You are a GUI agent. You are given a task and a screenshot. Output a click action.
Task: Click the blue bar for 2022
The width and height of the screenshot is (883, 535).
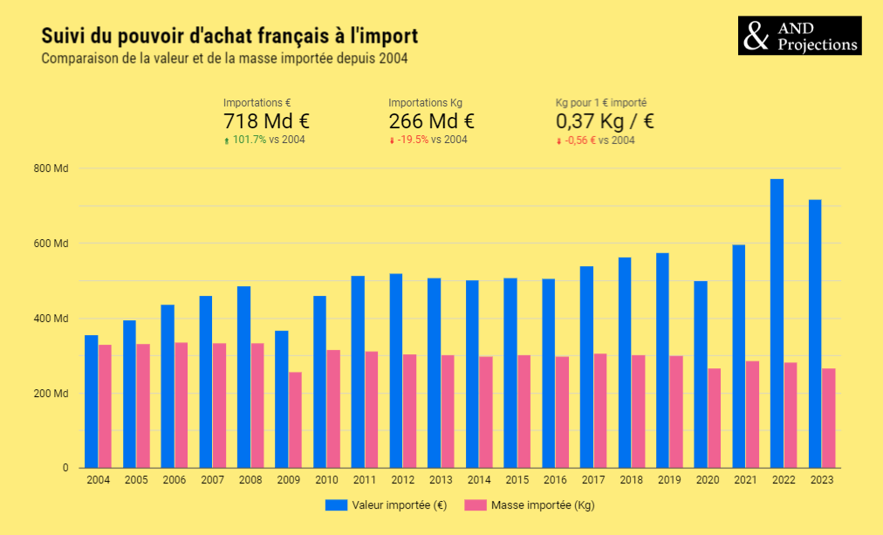pyautogui.click(x=777, y=323)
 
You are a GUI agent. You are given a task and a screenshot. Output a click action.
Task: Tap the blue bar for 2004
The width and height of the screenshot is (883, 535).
pyautogui.click(x=91, y=401)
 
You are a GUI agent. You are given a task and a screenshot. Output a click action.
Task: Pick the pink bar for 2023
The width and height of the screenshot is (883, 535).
pyautogui.click(x=829, y=418)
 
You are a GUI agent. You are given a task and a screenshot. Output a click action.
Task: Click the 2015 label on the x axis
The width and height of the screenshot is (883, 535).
pyautogui.click(x=517, y=481)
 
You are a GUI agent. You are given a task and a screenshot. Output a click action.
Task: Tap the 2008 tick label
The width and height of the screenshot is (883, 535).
pyautogui.click(x=250, y=481)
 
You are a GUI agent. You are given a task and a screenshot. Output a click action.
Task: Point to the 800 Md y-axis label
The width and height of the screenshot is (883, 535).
pyautogui.click(x=53, y=168)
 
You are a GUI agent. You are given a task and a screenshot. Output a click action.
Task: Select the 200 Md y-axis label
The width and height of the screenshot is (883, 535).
pyautogui.click(x=53, y=394)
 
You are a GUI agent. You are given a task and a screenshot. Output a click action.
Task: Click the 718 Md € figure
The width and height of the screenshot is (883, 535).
pyautogui.click(x=266, y=121)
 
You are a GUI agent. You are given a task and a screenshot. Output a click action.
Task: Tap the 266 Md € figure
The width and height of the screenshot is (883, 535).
pyautogui.click(x=431, y=121)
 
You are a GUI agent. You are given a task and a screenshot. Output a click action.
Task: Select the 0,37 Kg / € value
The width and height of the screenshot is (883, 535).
pyautogui.click(x=605, y=121)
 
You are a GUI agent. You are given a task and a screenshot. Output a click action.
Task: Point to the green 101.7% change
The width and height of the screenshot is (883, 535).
pyautogui.click(x=250, y=140)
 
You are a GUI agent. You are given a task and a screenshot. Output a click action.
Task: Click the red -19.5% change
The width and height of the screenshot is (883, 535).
pyautogui.click(x=413, y=140)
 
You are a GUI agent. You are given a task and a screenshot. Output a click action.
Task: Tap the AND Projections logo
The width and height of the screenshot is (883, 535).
pyautogui.click(x=799, y=36)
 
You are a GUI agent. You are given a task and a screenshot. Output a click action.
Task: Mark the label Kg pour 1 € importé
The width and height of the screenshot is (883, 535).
pyautogui.click(x=601, y=102)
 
